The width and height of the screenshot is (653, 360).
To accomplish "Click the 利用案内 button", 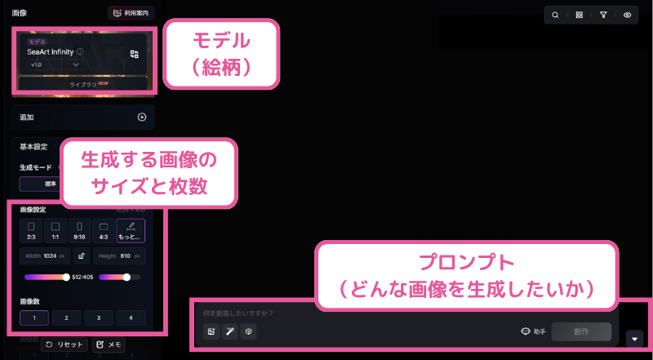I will pos(131,13).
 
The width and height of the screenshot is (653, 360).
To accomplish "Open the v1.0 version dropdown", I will pos(56,64).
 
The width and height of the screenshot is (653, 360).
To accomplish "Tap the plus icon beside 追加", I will pos(141,118).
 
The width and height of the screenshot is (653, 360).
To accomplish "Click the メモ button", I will pos(109,344).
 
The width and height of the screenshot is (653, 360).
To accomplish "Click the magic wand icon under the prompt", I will pos(230,331).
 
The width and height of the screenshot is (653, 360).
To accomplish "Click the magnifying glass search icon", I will pos(555,15).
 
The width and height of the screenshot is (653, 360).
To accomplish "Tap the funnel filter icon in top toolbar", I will pos(603,15).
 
